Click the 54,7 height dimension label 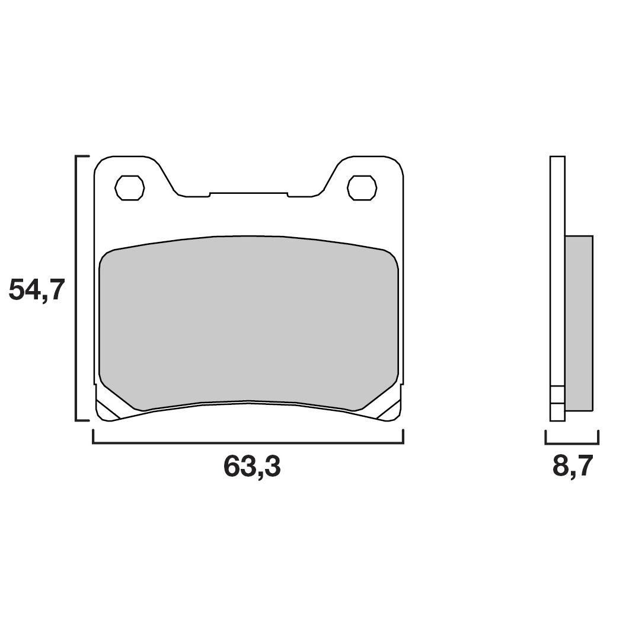tap(36, 291)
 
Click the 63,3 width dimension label tap(252, 467)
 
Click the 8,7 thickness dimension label tap(572, 467)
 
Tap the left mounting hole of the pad tap(130, 187)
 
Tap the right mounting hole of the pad tap(362, 187)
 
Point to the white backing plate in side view tap(557, 267)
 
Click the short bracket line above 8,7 tap(572, 443)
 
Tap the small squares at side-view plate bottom tap(557, 403)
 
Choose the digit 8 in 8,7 tap(561, 467)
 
